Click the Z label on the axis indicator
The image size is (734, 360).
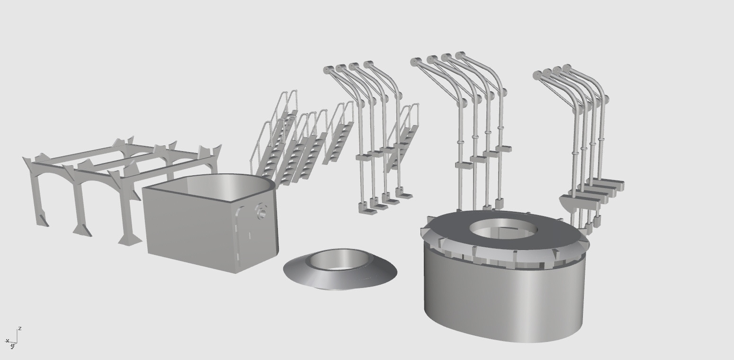(x=20, y=328)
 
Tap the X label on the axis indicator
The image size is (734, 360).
(x=7, y=341)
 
